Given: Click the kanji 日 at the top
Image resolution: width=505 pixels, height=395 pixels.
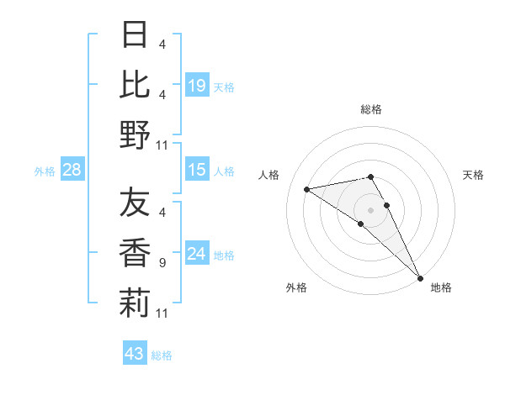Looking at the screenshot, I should click(135, 35).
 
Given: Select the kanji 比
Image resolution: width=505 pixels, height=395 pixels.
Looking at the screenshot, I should click(135, 84).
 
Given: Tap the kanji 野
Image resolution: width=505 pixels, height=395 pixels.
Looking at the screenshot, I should click(135, 134).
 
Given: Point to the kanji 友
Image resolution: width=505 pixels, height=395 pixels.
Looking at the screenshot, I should click(135, 203).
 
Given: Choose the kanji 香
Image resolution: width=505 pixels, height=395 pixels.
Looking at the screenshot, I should click(135, 253).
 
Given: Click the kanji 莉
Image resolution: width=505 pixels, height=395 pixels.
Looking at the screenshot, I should click(135, 303).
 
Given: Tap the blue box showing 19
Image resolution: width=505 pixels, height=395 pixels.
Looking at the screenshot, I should click(196, 85).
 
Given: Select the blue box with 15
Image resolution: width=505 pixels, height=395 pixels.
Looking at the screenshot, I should click(196, 171).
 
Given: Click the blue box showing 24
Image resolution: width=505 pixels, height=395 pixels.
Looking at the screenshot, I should click(196, 255).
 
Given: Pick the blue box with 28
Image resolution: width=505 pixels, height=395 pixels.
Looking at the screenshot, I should click(72, 171).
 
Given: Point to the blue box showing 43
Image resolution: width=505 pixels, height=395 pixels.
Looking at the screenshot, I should click(135, 354).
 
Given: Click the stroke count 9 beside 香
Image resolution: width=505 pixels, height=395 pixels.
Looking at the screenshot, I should click(162, 263).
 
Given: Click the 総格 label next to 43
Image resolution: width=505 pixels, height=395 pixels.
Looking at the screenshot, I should click(162, 355).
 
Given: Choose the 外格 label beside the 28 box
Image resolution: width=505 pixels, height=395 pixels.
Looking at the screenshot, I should click(45, 171).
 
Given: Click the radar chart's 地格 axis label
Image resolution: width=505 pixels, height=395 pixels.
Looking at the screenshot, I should click(441, 287).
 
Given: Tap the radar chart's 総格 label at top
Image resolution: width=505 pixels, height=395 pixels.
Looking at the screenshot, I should click(371, 109).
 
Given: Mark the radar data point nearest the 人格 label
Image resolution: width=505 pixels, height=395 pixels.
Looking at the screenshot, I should click(306, 189).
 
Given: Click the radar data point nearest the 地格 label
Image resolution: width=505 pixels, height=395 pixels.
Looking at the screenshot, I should click(420, 277).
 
